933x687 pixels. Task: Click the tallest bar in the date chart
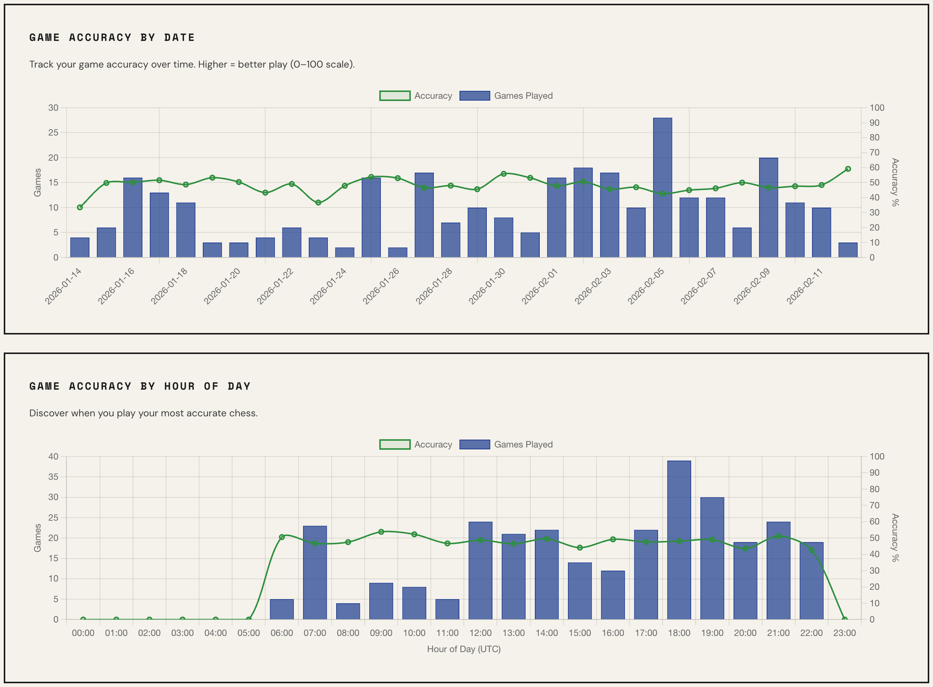click(662, 187)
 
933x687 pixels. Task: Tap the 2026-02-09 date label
click(752, 286)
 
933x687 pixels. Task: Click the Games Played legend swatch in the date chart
click(475, 96)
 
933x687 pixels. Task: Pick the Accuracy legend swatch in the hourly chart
click(395, 444)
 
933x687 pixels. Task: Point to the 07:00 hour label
click(315, 633)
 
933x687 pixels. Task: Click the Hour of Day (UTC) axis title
click(464, 649)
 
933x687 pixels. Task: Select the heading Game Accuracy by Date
click(112, 38)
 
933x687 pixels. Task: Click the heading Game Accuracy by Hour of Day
click(140, 386)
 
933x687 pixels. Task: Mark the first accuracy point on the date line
click(80, 207)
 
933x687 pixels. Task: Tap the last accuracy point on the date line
click(848, 169)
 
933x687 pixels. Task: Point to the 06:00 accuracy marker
click(282, 537)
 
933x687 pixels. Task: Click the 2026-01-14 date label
click(63, 286)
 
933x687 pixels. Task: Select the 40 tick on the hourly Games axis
click(53, 456)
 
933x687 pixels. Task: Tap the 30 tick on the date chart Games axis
click(53, 108)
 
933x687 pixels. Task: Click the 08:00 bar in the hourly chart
click(348, 611)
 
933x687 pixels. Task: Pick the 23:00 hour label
click(844, 633)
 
